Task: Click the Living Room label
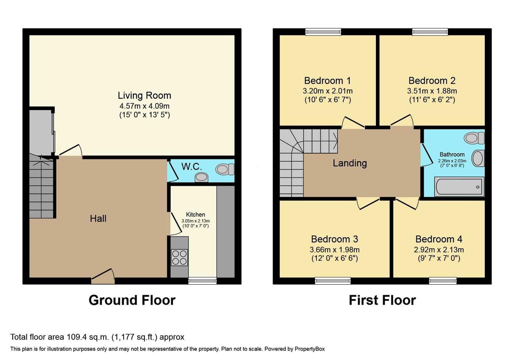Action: point(144,95)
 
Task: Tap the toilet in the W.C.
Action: point(225,169)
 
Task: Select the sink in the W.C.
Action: point(201,177)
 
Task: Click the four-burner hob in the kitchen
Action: point(179,257)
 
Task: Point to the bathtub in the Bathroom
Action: point(459,187)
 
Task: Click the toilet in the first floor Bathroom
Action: point(474,138)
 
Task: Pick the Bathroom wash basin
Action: point(478,158)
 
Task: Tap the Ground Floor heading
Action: point(132,300)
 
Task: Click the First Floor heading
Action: point(382,300)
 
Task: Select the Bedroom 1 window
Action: point(323,32)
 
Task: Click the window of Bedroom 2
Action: point(430,32)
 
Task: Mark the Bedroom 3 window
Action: point(333,281)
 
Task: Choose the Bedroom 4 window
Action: point(443,281)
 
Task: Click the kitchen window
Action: point(202,281)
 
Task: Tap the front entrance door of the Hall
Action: point(103,276)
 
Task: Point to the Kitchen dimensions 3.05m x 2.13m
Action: point(196,221)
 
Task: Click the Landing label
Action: point(350,163)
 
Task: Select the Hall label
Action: point(98,218)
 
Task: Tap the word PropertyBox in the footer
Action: point(310,349)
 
